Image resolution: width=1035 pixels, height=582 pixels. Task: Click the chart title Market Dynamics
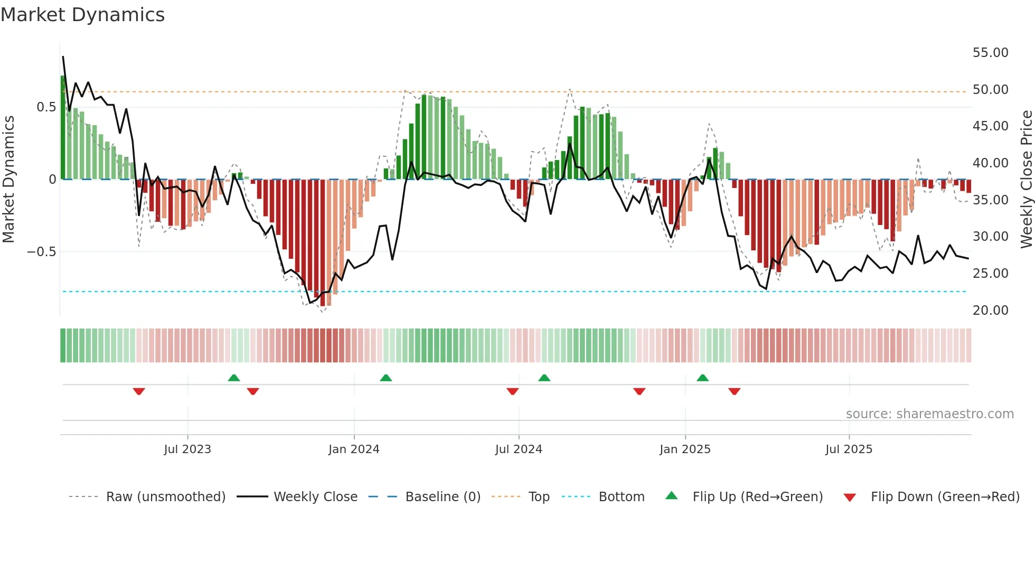82,15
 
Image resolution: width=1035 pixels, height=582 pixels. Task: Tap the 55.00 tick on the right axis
990,53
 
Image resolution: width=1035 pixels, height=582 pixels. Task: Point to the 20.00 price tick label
990,311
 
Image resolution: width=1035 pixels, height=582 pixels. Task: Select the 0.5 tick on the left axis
46,107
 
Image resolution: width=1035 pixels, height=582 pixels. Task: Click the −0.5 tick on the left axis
42,252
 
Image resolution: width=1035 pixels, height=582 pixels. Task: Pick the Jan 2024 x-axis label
354,449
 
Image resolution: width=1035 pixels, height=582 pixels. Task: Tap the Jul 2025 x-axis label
849,449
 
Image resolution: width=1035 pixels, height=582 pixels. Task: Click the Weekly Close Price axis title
1026,179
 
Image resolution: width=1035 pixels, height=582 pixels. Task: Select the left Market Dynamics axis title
8,179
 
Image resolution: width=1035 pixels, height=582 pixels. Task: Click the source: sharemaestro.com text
929,414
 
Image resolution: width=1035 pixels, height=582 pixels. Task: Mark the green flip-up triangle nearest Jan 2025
702,378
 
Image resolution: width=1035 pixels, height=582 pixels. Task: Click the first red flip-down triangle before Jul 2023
139,391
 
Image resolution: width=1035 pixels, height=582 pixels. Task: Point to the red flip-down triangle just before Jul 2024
512,391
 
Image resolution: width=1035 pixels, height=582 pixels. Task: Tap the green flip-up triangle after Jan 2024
386,378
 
